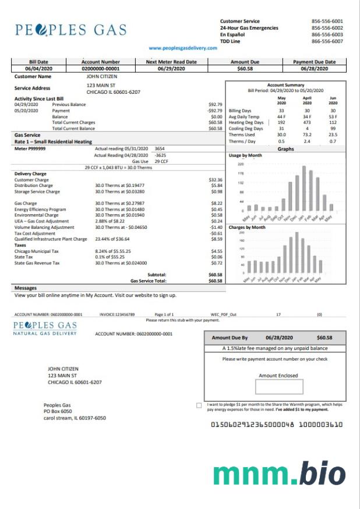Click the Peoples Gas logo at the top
coord(71,30)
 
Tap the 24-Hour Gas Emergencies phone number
coord(327,28)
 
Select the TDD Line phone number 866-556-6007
coord(327,41)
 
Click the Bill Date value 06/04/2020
coord(38,69)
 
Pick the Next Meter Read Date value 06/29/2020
coord(171,69)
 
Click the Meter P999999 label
coord(30,149)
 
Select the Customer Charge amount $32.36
coord(215,180)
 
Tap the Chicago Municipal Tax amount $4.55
coord(216,251)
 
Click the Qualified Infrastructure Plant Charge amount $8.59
coord(216,239)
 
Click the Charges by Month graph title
coord(247,227)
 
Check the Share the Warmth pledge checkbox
coord(199,405)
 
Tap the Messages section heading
coord(25,288)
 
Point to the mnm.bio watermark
coord(279,473)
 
